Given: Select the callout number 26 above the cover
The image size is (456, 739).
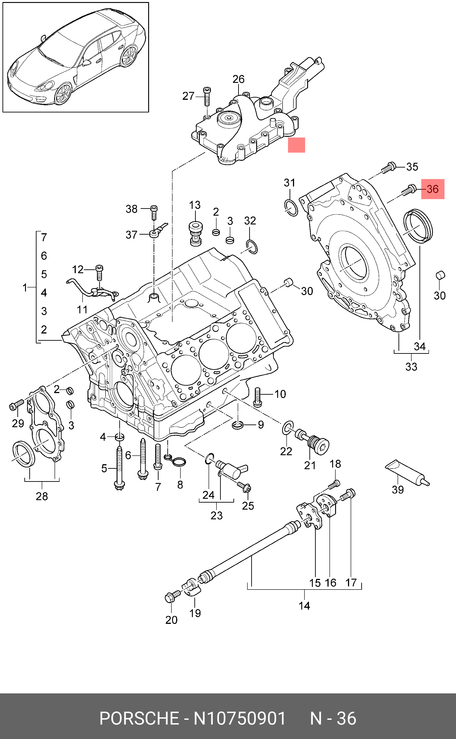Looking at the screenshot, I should (x=238, y=79).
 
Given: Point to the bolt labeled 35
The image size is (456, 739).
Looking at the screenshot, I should (x=389, y=167).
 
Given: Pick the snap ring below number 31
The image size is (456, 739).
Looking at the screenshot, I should (x=291, y=207).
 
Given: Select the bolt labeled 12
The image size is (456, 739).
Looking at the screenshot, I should (x=99, y=272).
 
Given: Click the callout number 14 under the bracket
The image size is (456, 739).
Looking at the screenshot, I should (x=304, y=606).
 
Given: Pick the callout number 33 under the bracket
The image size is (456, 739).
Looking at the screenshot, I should (x=411, y=366).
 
